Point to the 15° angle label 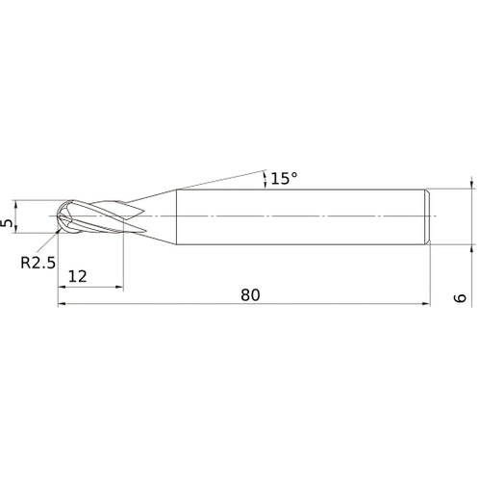283,178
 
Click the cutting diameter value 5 10,221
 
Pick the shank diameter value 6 462,297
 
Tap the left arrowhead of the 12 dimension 63,287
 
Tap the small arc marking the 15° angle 263,179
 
